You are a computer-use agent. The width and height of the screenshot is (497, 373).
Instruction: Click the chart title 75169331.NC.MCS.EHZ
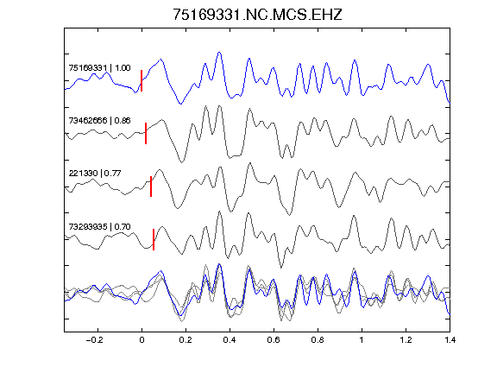click(257, 15)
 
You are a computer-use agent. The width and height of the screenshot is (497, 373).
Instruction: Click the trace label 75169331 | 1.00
click(99, 68)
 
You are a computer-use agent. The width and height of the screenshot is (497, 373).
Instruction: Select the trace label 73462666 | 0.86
click(99, 121)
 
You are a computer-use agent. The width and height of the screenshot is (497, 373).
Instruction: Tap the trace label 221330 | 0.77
click(95, 174)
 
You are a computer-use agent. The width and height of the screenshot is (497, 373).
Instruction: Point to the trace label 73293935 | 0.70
click(99, 226)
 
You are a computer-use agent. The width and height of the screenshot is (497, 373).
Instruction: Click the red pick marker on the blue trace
click(142, 80)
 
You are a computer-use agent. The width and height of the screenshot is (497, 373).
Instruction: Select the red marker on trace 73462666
click(146, 133)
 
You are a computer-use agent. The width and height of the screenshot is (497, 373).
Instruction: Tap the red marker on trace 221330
click(151, 186)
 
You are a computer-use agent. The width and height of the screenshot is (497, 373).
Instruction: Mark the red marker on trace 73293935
click(154, 239)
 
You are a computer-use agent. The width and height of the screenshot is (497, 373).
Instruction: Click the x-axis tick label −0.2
click(95, 340)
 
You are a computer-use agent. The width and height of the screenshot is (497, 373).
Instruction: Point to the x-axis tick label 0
click(142, 340)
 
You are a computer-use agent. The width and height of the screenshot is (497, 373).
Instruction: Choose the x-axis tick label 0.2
click(186, 340)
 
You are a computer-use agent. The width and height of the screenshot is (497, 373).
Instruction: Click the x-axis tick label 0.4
click(230, 340)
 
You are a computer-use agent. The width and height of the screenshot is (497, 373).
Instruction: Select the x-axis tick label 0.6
click(274, 340)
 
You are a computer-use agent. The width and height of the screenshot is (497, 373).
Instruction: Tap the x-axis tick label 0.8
click(318, 340)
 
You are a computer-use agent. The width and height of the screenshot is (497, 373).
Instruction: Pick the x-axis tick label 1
click(362, 340)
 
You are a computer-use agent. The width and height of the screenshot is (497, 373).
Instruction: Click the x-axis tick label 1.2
click(406, 340)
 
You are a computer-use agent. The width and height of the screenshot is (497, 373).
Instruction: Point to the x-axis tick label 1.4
click(450, 340)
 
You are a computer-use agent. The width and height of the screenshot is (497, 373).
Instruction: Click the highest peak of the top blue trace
click(219, 53)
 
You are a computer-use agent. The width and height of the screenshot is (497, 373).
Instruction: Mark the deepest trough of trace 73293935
click(280, 268)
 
